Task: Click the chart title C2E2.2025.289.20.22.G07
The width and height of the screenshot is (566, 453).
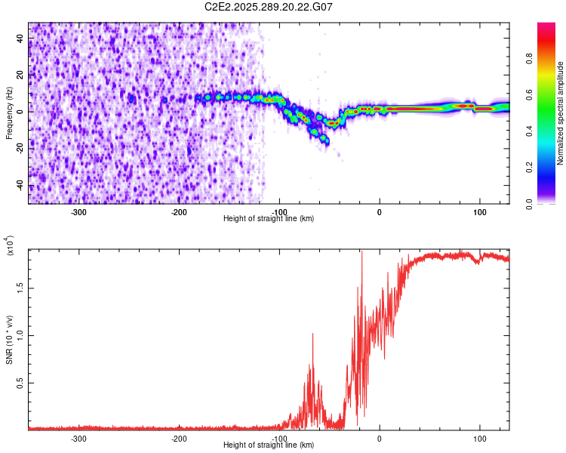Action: tap(269, 7)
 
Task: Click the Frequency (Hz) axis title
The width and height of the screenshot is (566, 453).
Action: tap(9, 113)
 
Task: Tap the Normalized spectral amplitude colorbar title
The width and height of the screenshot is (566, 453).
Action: tap(561, 113)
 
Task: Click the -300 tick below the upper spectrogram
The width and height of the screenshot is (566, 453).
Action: tap(79, 212)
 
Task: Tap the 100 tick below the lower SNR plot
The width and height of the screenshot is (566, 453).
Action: tap(479, 439)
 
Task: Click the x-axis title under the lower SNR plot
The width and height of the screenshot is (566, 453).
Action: tap(269, 445)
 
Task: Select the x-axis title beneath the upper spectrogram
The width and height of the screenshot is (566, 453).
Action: tap(269, 219)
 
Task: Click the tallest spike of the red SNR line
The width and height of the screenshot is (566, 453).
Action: tap(362, 252)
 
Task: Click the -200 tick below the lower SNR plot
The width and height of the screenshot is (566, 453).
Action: tap(179, 439)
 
